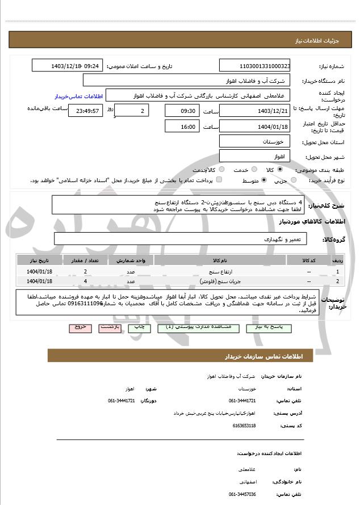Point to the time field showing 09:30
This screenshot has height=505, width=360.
point(182,111)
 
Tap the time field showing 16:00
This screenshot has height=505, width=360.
point(182,127)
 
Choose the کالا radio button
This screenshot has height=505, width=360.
point(280,170)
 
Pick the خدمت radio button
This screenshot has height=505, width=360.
point(253,170)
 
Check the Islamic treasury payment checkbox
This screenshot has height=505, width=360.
point(219,180)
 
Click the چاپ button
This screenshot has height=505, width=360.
point(138,328)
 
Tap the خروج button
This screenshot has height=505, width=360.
point(79,328)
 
